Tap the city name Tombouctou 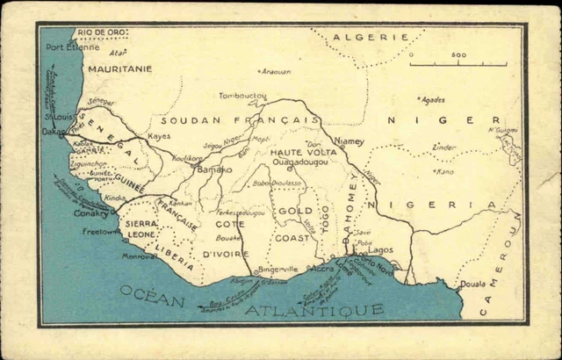tap(242, 95)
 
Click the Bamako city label tap(214, 169)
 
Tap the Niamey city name tap(349, 140)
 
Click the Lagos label tap(381, 250)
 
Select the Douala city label tap(472, 284)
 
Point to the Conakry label tap(90, 213)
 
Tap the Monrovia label tap(140, 256)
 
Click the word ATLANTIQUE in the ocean tap(313, 309)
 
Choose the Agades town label tap(433, 99)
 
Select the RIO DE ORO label tap(102, 32)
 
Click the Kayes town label tap(159, 136)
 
